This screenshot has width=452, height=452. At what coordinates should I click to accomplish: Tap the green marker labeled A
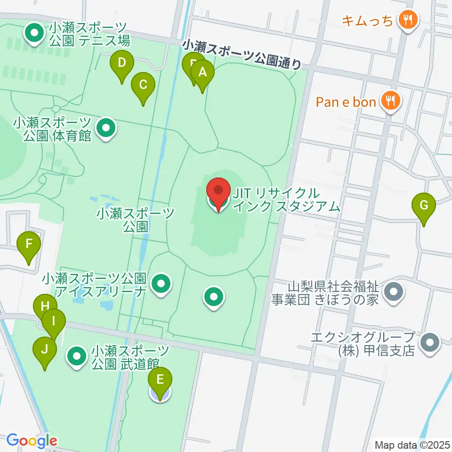point(202,73)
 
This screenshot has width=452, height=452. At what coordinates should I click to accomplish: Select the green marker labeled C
point(143,86)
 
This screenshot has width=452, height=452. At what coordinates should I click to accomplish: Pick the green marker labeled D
point(122,63)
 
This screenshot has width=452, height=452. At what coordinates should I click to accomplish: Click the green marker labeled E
point(160,380)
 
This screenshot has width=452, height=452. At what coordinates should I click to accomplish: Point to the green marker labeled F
point(29,245)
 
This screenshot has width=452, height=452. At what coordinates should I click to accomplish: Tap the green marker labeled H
point(44,307)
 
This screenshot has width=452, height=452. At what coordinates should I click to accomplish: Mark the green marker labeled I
point(53,322)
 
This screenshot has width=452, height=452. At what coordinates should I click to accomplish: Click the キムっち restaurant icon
point(405,20)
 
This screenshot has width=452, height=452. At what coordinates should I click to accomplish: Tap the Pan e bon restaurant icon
point(390,100)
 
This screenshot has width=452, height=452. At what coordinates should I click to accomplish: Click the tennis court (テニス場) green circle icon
point(34,34)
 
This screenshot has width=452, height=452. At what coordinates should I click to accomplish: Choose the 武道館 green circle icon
point(77,357)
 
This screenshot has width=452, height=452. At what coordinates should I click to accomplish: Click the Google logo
point(32,441)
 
